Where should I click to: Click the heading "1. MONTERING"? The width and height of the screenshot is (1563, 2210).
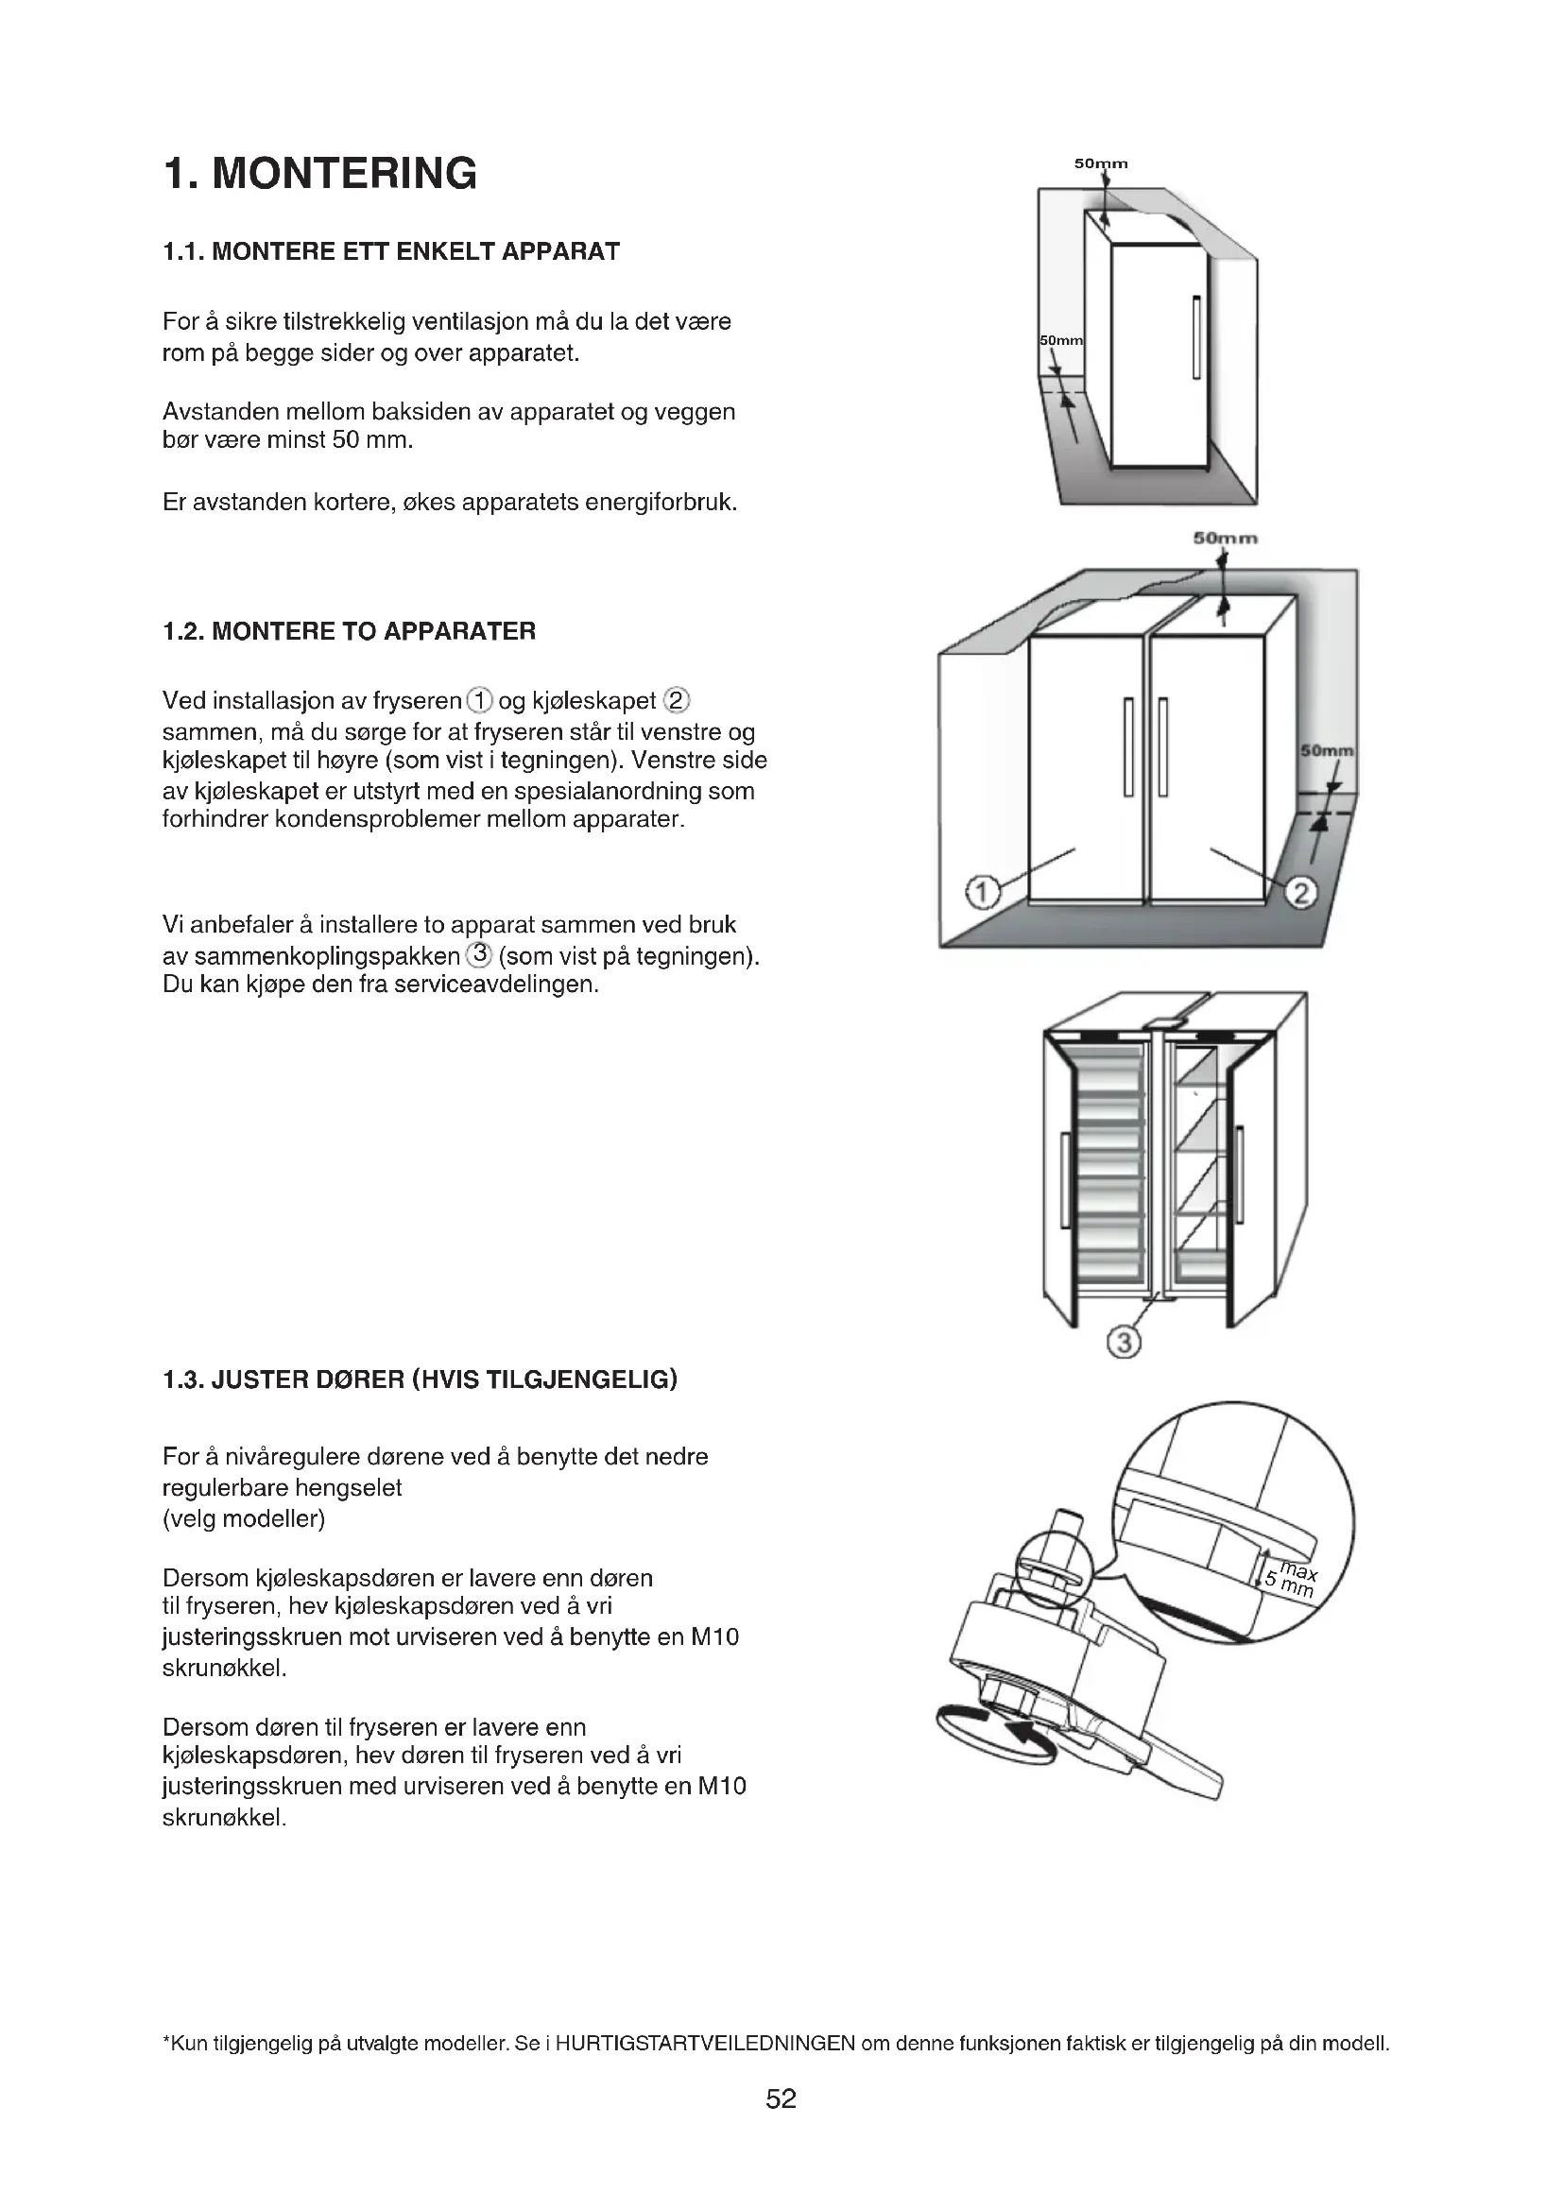320,174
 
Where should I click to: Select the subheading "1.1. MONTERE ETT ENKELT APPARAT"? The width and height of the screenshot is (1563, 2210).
392,252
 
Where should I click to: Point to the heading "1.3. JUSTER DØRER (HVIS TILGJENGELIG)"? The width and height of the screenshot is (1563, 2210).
421,1380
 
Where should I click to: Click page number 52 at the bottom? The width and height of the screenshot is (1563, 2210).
781,2099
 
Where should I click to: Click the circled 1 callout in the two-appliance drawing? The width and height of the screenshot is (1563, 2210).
981,893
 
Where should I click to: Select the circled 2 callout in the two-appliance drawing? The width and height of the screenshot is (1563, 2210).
1301,894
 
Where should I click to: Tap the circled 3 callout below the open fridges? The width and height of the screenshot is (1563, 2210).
1124,1342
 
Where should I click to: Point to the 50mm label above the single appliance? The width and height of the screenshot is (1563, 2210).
1101,164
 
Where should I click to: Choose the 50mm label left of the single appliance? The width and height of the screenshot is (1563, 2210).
1060,341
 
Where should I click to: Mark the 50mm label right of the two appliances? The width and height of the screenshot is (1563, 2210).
1327,751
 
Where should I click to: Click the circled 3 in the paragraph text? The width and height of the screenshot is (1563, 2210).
479,956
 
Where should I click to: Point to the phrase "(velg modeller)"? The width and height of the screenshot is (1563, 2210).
245,1519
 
